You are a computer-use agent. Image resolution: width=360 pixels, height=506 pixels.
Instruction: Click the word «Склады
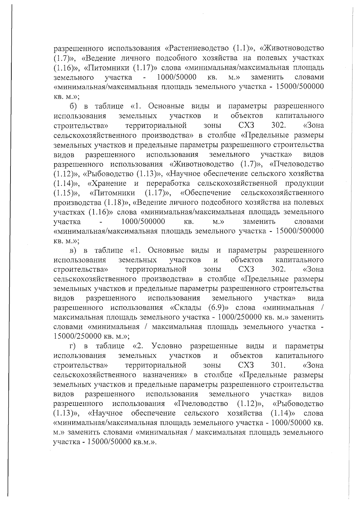[x=187, y=308]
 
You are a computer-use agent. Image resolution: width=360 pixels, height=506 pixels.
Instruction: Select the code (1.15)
[x=64, y=193]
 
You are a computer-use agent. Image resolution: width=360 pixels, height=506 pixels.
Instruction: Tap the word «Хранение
[x=107, y=183]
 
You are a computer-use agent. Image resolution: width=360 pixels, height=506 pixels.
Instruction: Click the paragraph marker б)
[x=73, y=106]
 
